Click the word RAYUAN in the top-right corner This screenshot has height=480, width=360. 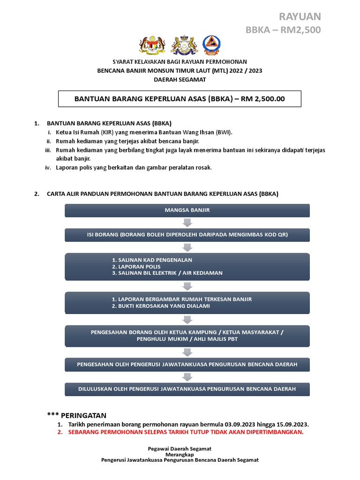[300, 17]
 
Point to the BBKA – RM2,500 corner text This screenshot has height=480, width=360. [284, 30]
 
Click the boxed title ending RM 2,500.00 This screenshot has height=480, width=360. [180, 99]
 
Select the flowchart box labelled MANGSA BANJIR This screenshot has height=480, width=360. [187, 210]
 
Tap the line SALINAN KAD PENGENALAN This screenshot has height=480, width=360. [152, 260]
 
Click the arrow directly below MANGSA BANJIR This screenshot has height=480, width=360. [187, 223]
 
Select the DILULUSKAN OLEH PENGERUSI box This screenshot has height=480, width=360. [187, 389]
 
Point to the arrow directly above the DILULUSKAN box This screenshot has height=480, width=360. [187, 377]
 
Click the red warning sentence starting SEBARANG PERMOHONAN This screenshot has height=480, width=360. [186, 432]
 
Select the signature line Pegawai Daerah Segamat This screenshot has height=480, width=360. [180, 449]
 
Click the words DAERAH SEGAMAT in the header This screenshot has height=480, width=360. [180, 79]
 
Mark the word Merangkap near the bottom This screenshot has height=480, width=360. [180, 454]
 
